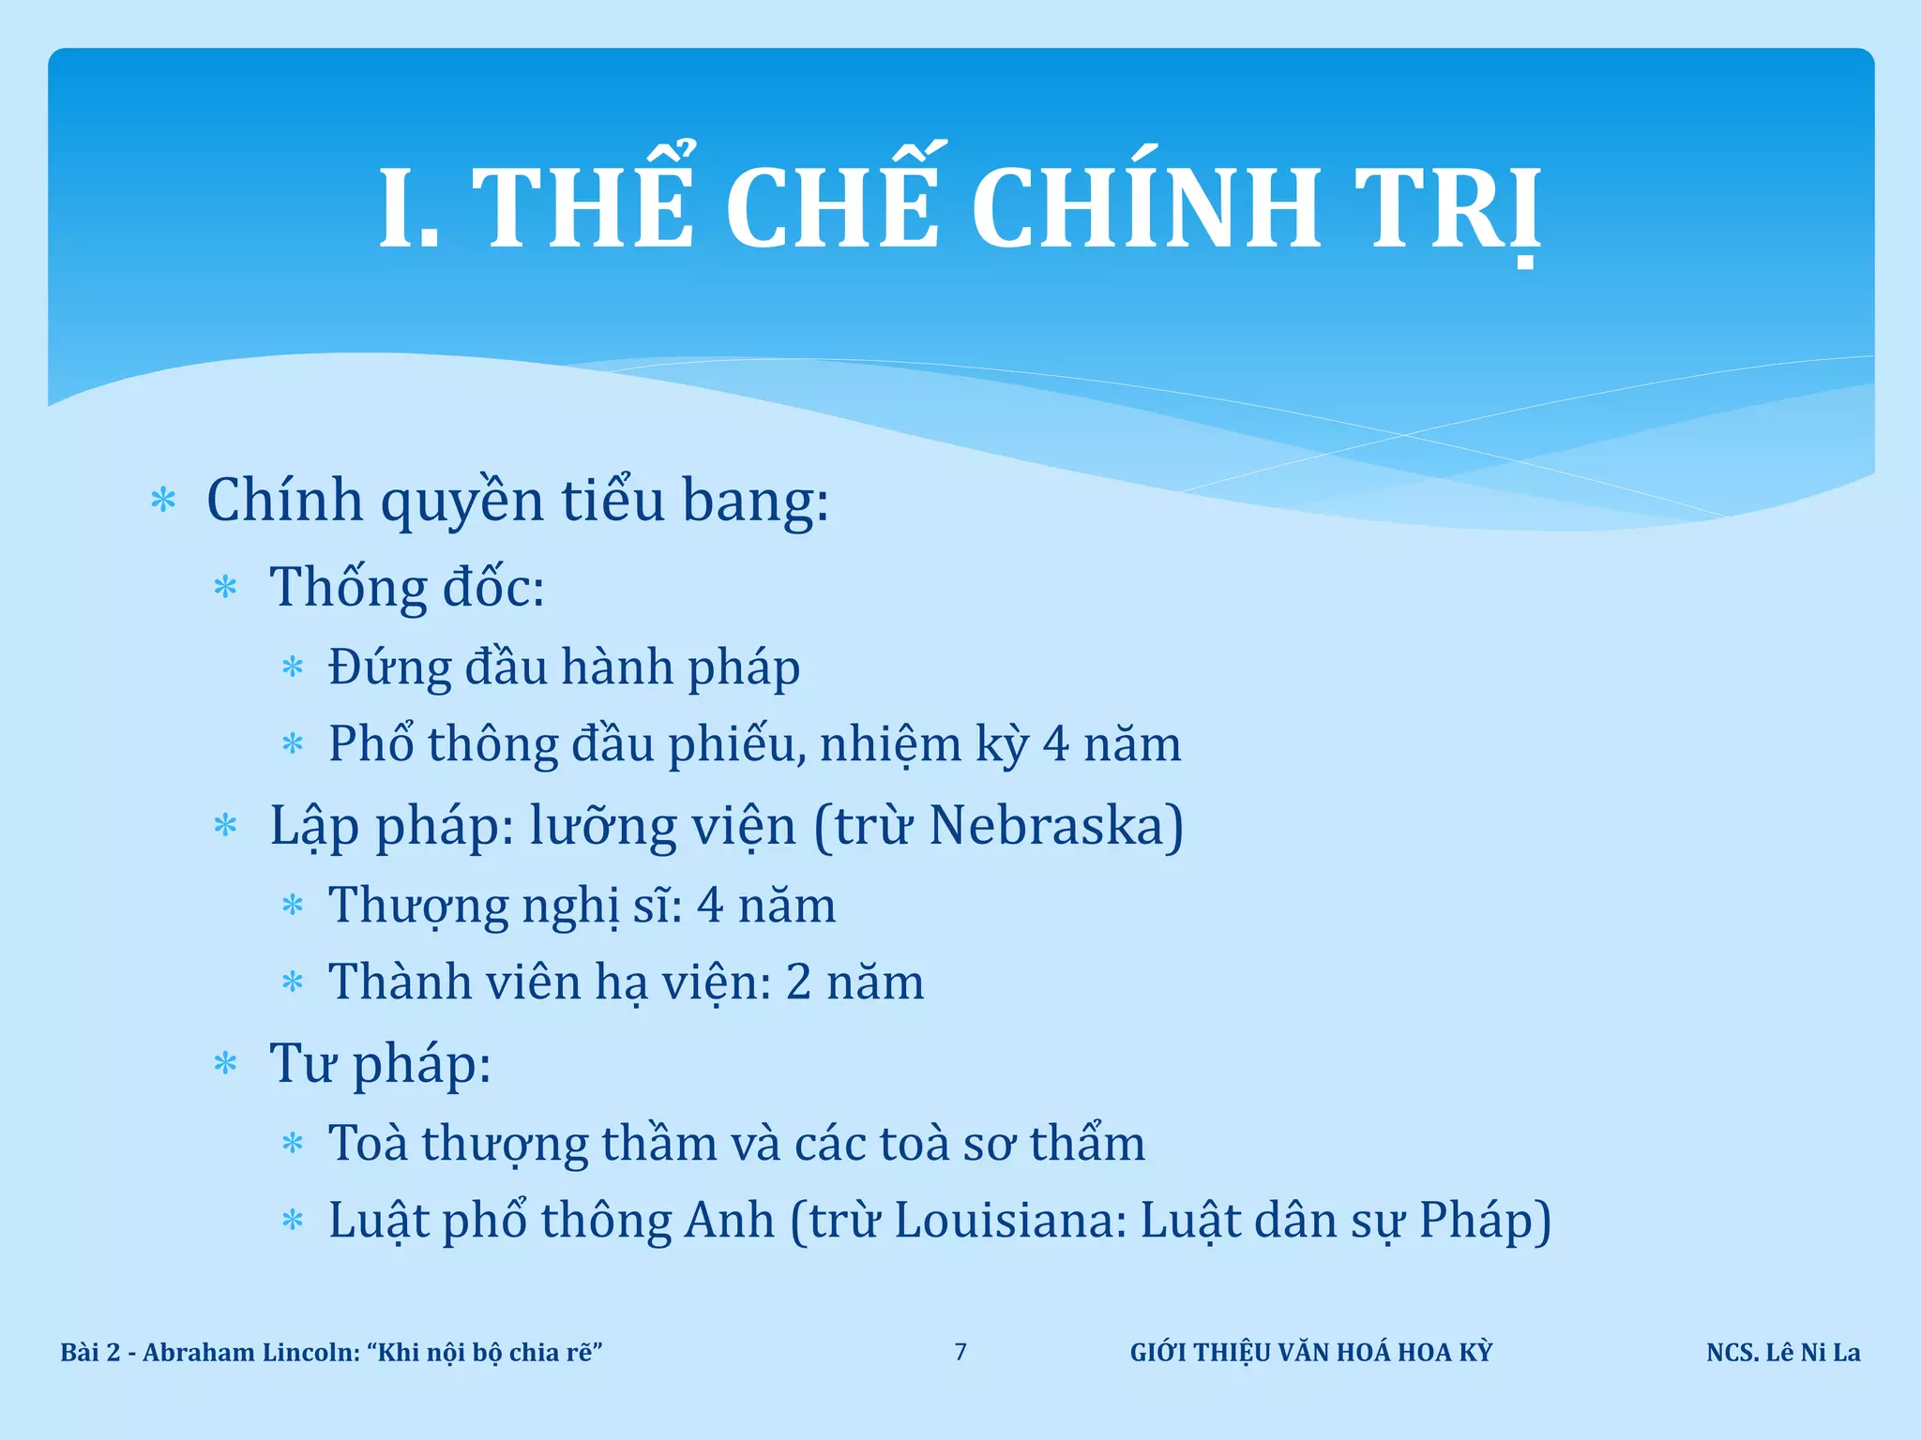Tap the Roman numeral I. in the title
409,208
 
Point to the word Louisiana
1009,1221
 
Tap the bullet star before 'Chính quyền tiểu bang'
163,501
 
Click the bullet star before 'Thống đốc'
226,588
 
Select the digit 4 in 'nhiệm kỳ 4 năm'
1056,744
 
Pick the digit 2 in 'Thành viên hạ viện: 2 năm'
798,982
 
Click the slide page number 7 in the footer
960,1352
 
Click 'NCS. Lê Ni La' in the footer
1783,1353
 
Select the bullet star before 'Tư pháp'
226,1064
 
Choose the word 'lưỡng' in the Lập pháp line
603,828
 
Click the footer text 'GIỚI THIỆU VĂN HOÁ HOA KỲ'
1310,1353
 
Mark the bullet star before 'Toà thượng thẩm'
293,1144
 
